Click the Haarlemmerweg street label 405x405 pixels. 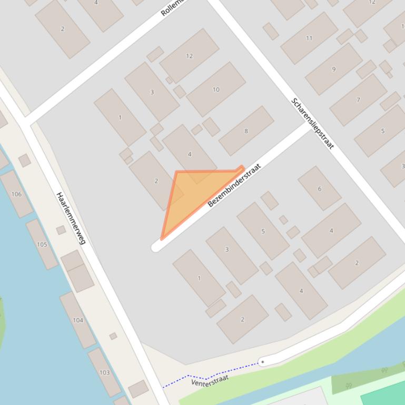click(71, 218)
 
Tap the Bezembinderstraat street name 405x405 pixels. click(234, 185)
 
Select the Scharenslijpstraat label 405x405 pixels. click(312, 123)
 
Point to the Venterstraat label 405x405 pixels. click(210, 380)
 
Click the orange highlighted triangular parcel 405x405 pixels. click(195, 195)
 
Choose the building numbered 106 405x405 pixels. click(16, 194)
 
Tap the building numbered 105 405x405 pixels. click(42, 244)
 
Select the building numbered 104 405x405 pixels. click(77, 320)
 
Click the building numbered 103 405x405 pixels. click(104, 372)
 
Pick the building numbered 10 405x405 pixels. click(216, 89)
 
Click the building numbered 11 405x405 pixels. click(309, 38)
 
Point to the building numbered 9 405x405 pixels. click(333, 69)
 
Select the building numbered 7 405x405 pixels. click(358, 99)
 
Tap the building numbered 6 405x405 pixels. click(319, 188)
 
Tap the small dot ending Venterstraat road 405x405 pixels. click(262, 362)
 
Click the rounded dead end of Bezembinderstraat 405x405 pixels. click(156, 247)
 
